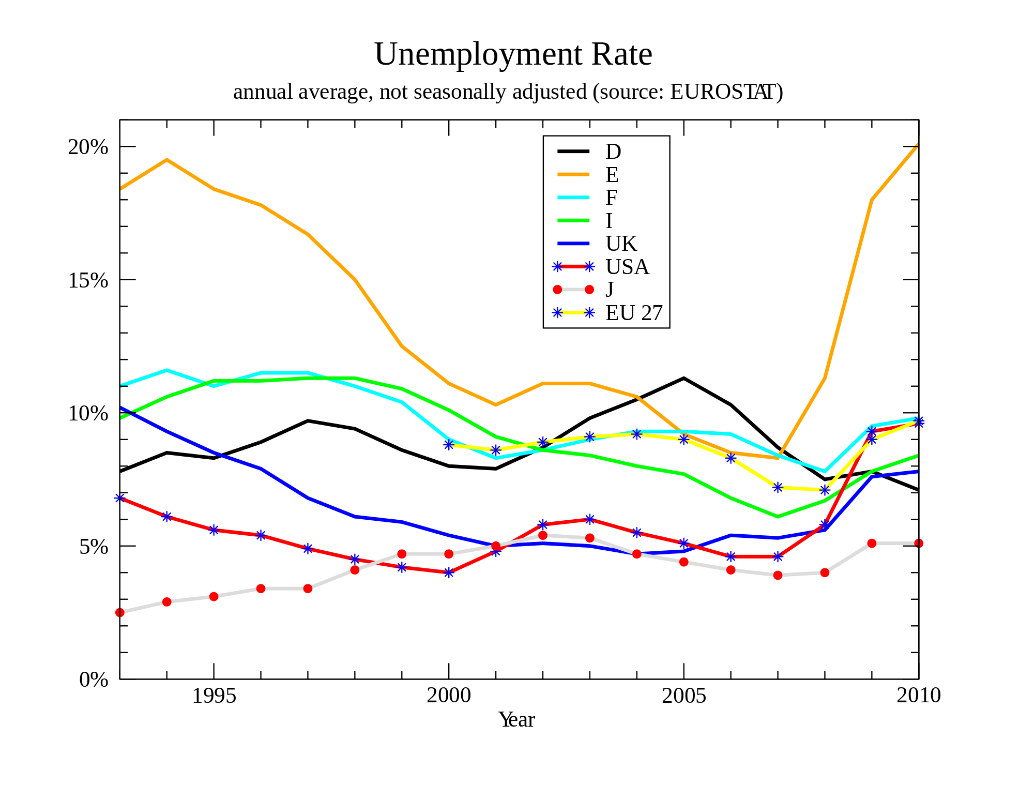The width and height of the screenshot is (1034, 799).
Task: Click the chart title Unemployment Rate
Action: (513, 54)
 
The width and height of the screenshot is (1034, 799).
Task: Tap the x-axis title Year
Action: (516, 719)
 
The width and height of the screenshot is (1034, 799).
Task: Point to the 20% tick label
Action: (88, 147)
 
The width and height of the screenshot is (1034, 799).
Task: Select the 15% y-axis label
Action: (88, 280)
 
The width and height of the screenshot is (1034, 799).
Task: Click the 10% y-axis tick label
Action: (88, 413)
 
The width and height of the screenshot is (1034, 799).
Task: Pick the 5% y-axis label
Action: (94, 547)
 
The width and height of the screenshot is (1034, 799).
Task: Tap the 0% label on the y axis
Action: (94, 680)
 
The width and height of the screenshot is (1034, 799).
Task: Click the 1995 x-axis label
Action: (214, 696)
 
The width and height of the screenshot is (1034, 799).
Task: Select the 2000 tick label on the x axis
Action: (448, 696)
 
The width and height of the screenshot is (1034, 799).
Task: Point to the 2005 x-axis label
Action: (683, 696)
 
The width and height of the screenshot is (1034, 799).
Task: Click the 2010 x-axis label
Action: (918, 696)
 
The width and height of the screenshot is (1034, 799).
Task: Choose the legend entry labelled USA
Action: (627, 267)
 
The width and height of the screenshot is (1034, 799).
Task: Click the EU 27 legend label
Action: (634, 313)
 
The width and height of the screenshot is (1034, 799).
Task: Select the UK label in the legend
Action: (621, 244)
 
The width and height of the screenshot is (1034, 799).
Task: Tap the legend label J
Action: (610, 289)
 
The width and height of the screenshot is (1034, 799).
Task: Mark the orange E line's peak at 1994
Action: (166, 160)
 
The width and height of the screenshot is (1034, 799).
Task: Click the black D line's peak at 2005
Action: (683, 378)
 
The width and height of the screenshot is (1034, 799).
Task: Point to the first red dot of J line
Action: (120, 612)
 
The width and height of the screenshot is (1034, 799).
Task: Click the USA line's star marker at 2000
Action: (449, 572)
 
